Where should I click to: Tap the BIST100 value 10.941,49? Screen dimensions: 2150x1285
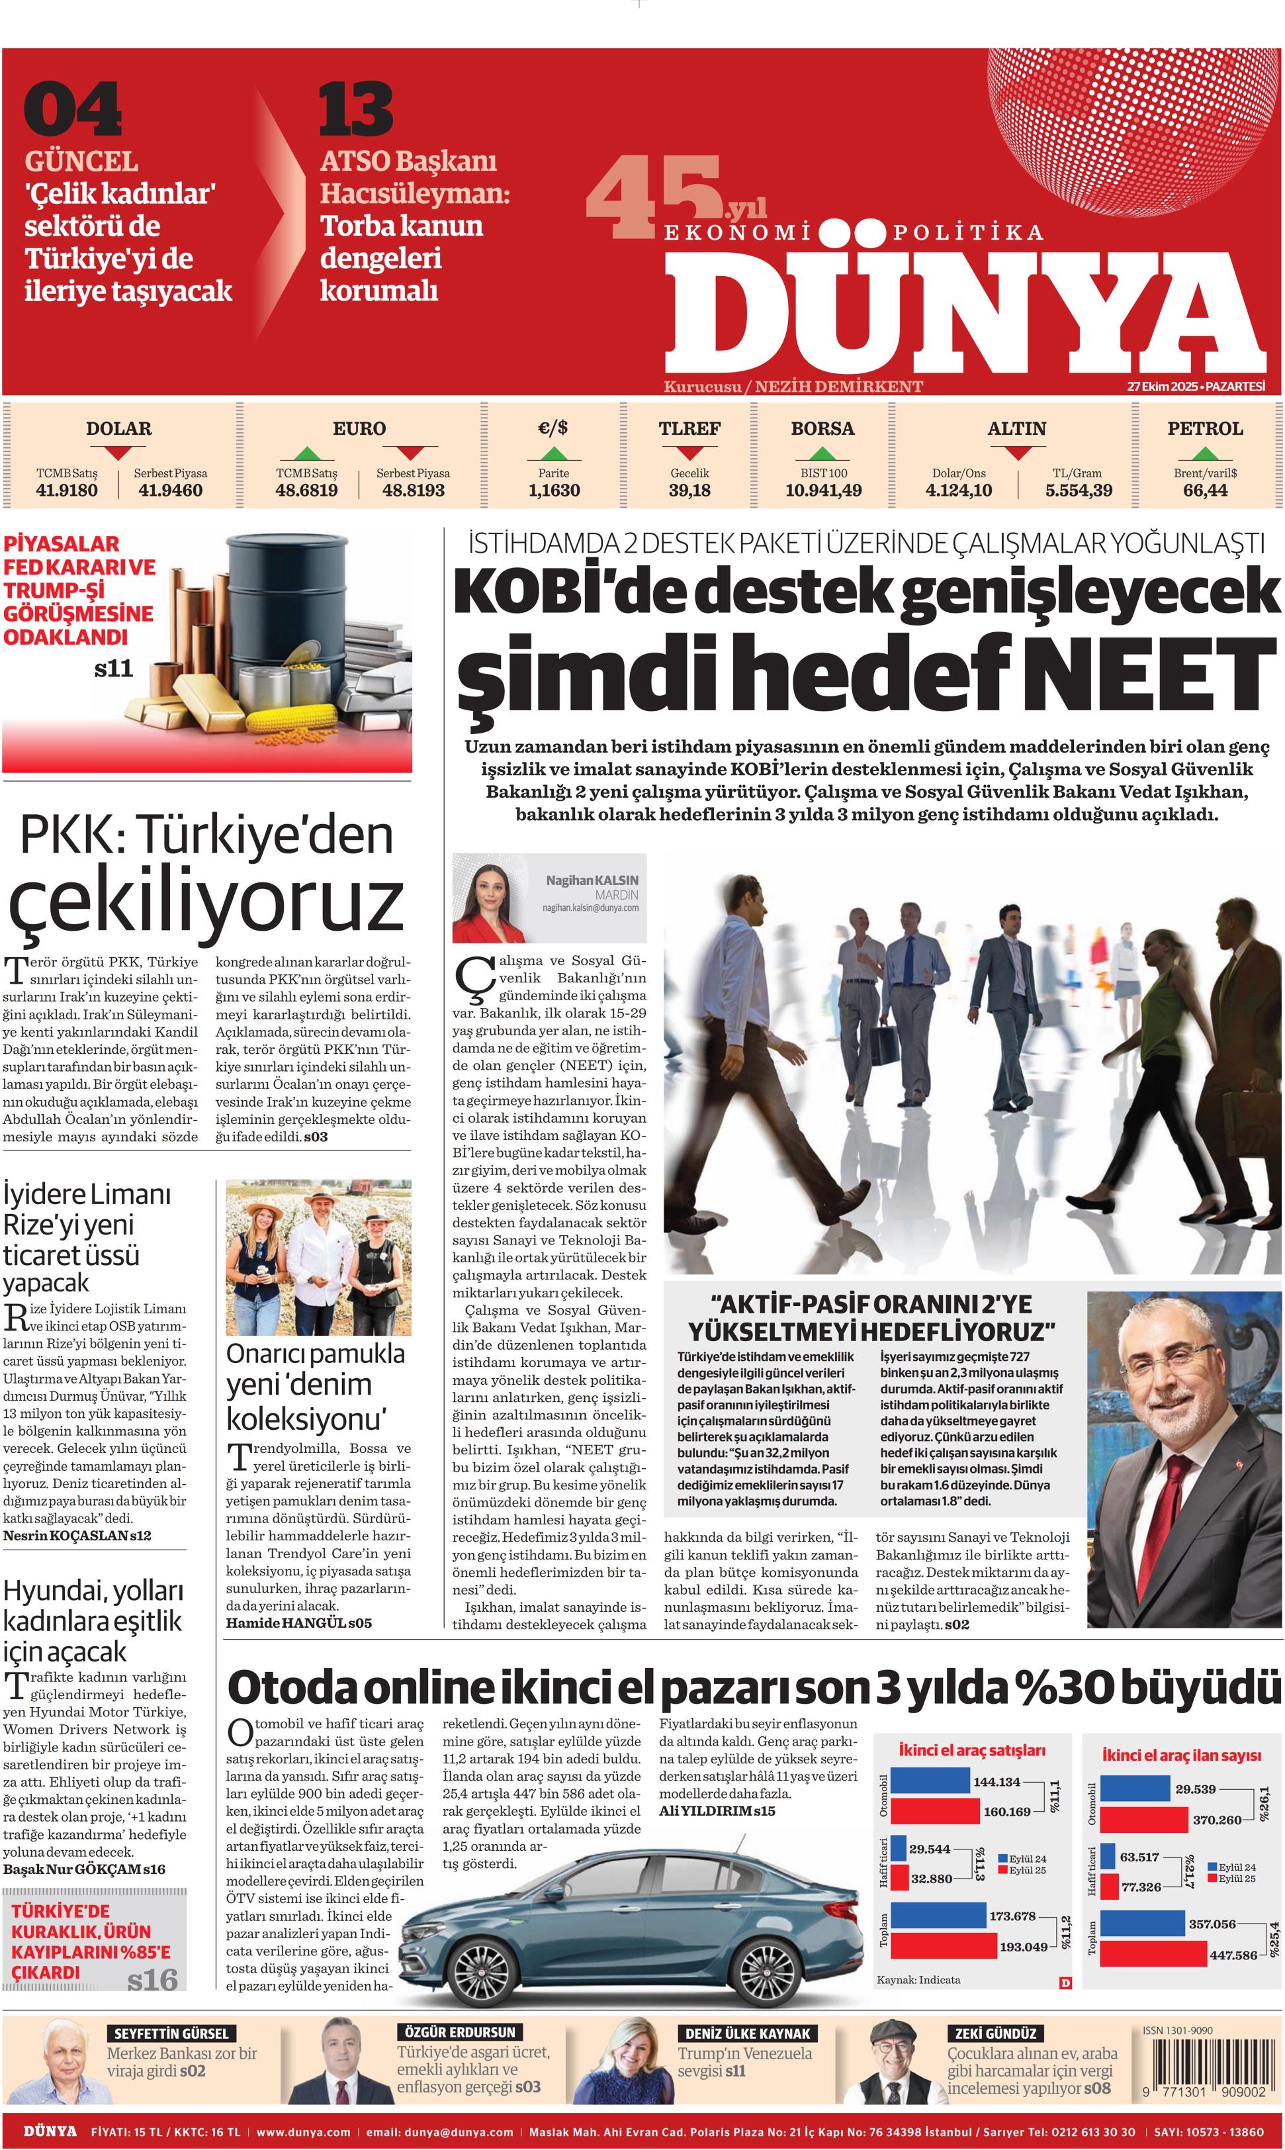point(822,491)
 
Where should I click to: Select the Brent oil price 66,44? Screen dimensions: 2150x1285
point(1204,491)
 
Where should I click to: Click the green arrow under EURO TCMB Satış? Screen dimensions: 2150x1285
point(306,453)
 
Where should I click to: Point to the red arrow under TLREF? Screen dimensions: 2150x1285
point(689,453)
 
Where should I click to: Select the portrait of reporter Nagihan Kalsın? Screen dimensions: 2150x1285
point(497,898)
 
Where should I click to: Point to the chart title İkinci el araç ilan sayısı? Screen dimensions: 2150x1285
point(1181,1755)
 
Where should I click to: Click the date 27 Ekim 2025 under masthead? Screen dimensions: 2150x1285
point(1163,387)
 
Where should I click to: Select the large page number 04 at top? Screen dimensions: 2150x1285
point(73,110)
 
